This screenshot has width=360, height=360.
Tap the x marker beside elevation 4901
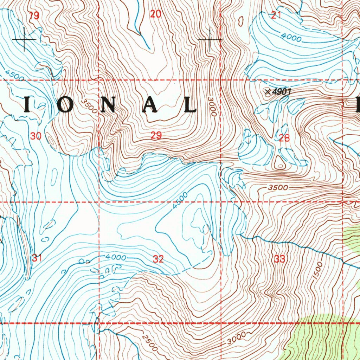click(268, 92)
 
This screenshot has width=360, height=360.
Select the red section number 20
click(156, 14)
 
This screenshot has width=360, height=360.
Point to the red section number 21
click(276, 15)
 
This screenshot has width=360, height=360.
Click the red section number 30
click(36, 136)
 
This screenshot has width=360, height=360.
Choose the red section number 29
click(156, 136)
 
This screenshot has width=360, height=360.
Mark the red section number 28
click(284, 138)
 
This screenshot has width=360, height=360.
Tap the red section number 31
click(37, 258)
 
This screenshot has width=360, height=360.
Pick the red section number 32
click(158, 259)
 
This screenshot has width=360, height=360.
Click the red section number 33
click(279, 259)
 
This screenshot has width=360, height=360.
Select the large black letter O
click(66, 105)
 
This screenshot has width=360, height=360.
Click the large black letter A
click(149, 105)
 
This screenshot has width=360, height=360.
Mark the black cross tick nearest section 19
click(24, 39)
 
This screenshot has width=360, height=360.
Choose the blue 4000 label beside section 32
click(116, 258)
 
